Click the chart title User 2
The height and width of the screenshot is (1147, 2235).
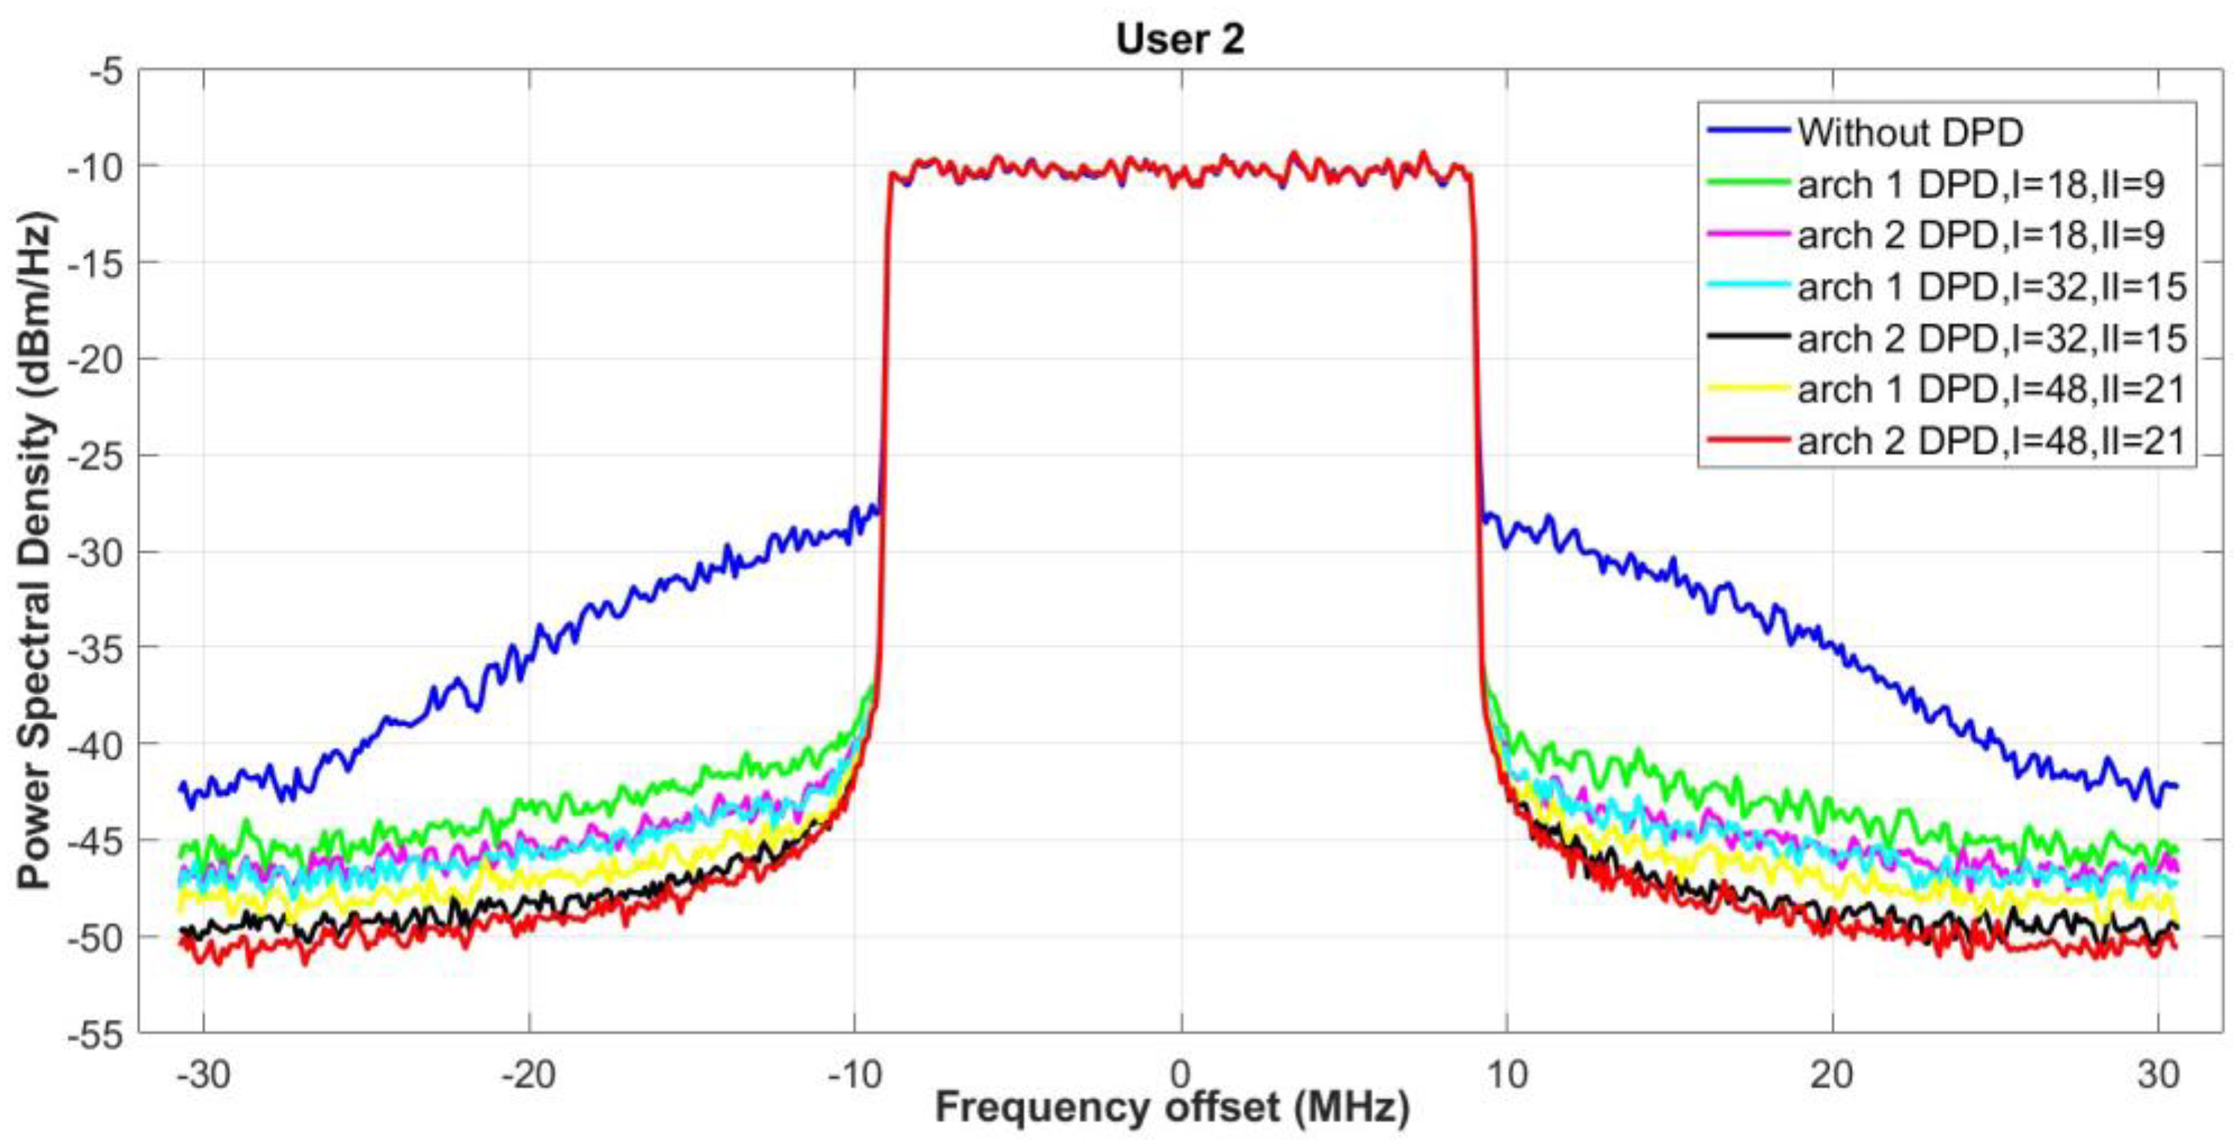(1180, 40)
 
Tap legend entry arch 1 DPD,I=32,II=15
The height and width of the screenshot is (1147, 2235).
(1991, 287)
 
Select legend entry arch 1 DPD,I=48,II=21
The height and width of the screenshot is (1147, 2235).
(1991, 390)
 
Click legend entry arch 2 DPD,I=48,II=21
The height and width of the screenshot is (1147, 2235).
(1991, 442)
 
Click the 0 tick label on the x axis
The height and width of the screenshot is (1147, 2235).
(1180, 1074)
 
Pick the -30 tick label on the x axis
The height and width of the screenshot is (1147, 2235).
(205, 1074)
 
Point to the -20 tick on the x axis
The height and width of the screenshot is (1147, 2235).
(529, 1074)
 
